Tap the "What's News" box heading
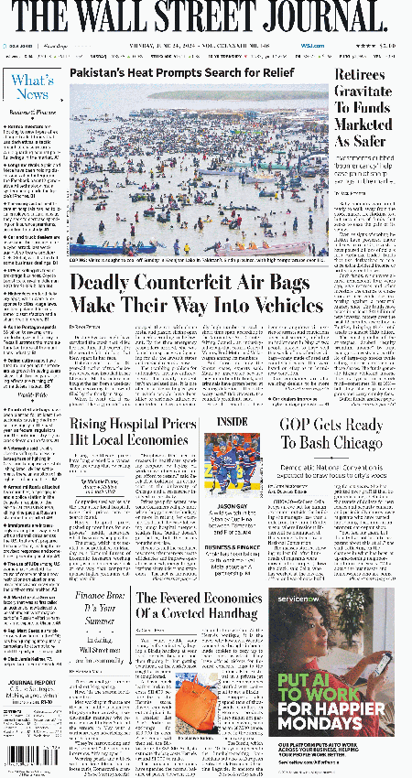coord(32,87)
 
